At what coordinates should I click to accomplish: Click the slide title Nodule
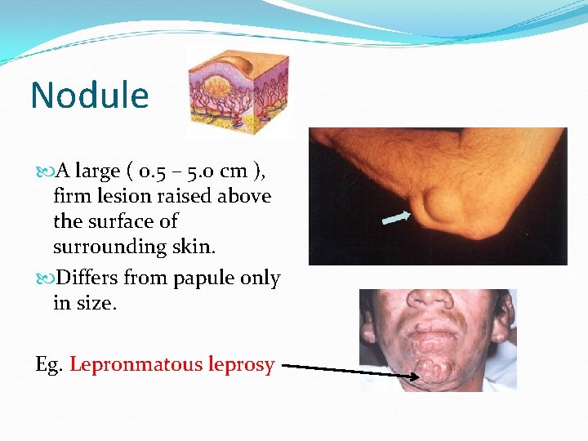(x=90, y=96)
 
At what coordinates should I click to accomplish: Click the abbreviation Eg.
(x=50, y=364)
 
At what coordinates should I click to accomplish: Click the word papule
(x=204, y=278)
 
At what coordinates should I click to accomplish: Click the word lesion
(x=126, y=196)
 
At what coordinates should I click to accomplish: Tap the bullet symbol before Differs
(x=40, y=278)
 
